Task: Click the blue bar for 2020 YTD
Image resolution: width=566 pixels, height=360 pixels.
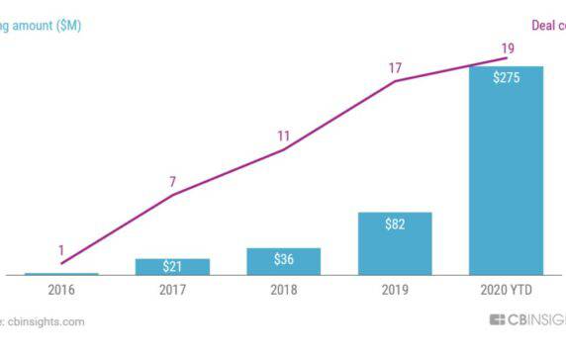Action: tap(506, 178)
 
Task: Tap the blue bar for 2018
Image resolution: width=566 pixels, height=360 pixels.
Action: tap(284, 263)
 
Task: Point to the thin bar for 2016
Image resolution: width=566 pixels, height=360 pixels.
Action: tap(61, 274)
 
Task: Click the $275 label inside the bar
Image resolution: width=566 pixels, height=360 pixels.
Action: tap(506, 78)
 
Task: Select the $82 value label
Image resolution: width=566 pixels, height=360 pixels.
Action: tap(395, 225)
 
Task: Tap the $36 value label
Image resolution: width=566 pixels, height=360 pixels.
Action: tap(284, 259)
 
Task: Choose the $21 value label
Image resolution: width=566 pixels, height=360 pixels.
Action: tap(172, 267)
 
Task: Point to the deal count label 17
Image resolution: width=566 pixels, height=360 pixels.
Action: tap(395, 68)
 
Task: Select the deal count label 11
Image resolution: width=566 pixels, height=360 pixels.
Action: tap(284, 135)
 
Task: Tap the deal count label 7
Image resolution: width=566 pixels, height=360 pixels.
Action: tap(172, 181)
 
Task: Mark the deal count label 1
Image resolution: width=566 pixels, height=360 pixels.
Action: tap(61, 250)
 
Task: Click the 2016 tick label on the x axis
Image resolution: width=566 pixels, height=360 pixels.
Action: tap(61, 293)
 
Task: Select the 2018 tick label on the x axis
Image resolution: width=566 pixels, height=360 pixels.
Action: tap(284, 293)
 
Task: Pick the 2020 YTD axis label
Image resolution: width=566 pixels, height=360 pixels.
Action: tap(506, 293)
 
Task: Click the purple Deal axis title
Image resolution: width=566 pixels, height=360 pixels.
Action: tap(547, 25)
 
